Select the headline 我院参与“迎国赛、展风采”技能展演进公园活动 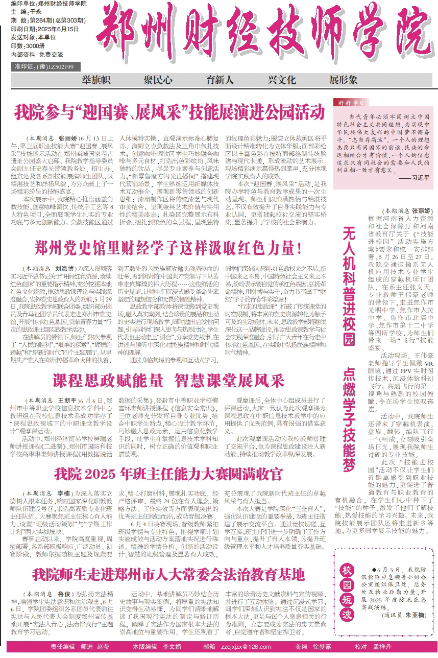tap(169, 111)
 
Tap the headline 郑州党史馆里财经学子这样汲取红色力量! tap(168, 249)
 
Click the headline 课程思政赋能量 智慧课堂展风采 tap(168, 381)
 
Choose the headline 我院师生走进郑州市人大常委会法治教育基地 tap(168, 573)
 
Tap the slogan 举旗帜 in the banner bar tap(96, 80)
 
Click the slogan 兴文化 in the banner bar tap(282, 80)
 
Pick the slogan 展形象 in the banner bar tap(343, 80)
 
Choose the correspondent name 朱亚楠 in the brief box tap(416, 631)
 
